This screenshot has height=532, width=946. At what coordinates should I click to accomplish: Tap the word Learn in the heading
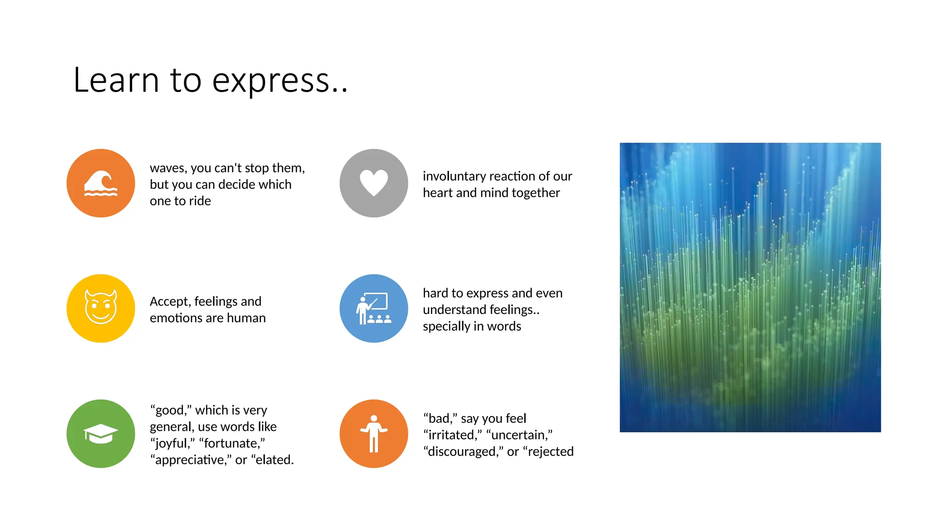116,80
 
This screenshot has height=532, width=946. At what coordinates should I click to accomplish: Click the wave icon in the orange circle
101,183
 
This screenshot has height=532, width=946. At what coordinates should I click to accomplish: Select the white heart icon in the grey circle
374,183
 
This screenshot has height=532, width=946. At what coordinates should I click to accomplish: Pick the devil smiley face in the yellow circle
101,308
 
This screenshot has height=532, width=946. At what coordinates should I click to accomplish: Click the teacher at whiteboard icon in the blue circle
374,308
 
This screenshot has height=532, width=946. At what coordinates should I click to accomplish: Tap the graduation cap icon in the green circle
101,434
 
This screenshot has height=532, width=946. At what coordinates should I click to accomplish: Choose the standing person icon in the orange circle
374,433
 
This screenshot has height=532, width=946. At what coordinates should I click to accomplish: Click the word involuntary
454,176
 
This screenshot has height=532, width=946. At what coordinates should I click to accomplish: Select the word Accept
170,302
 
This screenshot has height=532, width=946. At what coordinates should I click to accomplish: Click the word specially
446,326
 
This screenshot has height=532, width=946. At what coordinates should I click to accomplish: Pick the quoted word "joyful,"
172,443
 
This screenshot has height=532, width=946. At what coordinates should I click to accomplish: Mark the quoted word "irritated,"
453,435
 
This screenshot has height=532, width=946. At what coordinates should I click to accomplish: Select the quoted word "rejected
548,452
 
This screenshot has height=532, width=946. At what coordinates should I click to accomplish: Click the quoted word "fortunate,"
232,443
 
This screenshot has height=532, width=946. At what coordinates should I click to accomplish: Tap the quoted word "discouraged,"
463,452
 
